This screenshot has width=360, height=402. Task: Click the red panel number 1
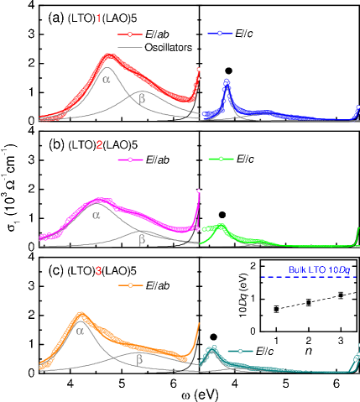coord(99,18)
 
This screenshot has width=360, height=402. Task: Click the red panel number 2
coord(99,144)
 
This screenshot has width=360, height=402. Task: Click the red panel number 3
coord(99,271)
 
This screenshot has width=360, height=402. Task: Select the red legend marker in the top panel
coord(131,34)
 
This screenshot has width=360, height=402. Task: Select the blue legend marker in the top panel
coord(220,34)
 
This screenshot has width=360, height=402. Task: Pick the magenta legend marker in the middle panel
coord(131,159)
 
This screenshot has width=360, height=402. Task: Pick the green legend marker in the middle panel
coord(221,159)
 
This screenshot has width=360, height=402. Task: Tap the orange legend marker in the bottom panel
coord(131,285)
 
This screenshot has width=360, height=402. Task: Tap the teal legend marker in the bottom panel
coord(241,351)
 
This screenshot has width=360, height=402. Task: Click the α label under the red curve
coord(107,79)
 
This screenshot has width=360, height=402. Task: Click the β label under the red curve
coord(141,98)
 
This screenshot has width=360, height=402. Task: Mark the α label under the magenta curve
coord(96,215)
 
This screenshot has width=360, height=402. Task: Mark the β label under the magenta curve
coord(141,240)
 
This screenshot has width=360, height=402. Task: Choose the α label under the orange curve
coord(80,331)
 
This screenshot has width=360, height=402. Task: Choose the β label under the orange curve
coord(139,358)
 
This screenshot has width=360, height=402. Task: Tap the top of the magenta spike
coord(198,191)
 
